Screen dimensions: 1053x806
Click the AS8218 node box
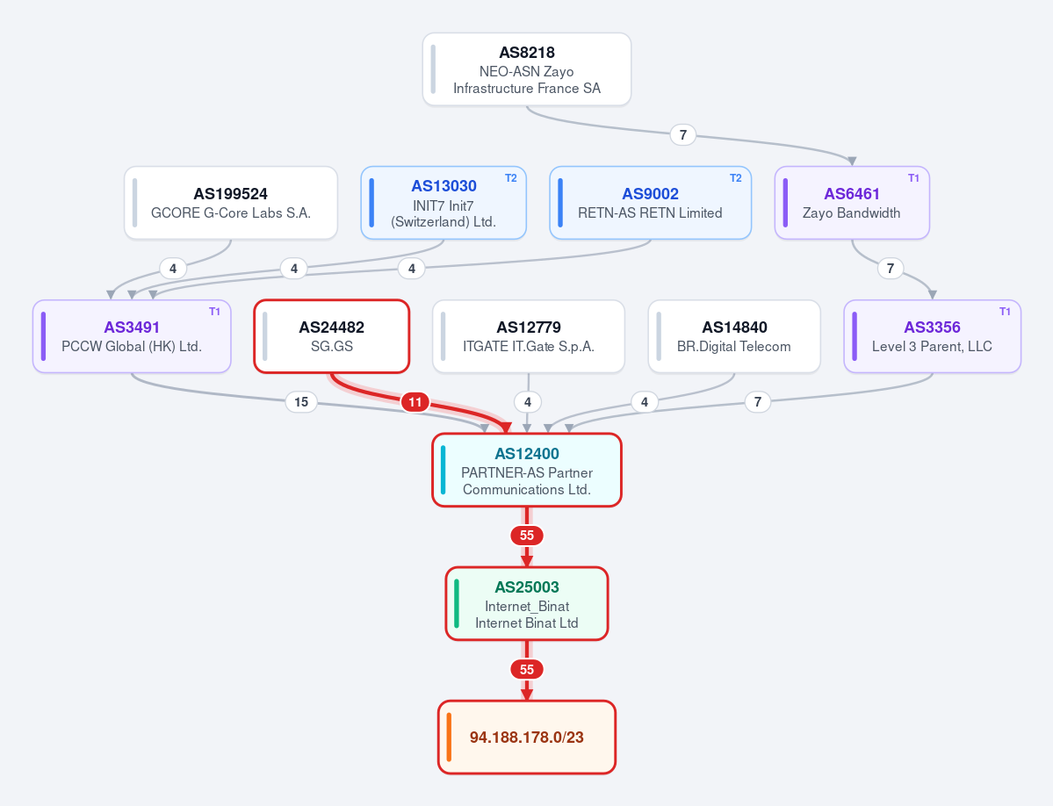click(527, 69)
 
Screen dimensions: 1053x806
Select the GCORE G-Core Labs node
click(230, 203)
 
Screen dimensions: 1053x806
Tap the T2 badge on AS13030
click(511, 178)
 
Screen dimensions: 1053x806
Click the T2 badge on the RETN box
click(736, 178)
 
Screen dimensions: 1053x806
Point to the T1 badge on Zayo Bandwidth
click(914, 178)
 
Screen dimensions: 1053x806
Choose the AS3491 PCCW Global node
click(132, 336)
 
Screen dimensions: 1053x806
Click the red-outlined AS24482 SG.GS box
click(332, 336)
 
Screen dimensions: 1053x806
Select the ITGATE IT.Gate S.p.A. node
click(529, 336)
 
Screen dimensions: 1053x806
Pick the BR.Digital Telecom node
click(734, 336)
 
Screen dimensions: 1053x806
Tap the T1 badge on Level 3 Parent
click(1005, 312)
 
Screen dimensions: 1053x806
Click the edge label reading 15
click(301, 402)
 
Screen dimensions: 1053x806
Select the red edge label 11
click(415, 402)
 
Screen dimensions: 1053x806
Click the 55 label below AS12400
click(527, 536)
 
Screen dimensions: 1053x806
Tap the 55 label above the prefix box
click(527, 669)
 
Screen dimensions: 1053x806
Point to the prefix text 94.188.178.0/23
click(527, 738)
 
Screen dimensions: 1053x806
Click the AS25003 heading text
click(527, 587)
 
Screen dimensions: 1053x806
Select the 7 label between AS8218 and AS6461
click(683, 135)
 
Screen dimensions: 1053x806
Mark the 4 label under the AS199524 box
click(173, 269)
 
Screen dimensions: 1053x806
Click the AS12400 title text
click(527, 454)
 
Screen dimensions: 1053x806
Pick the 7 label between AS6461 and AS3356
click(891, 269)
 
